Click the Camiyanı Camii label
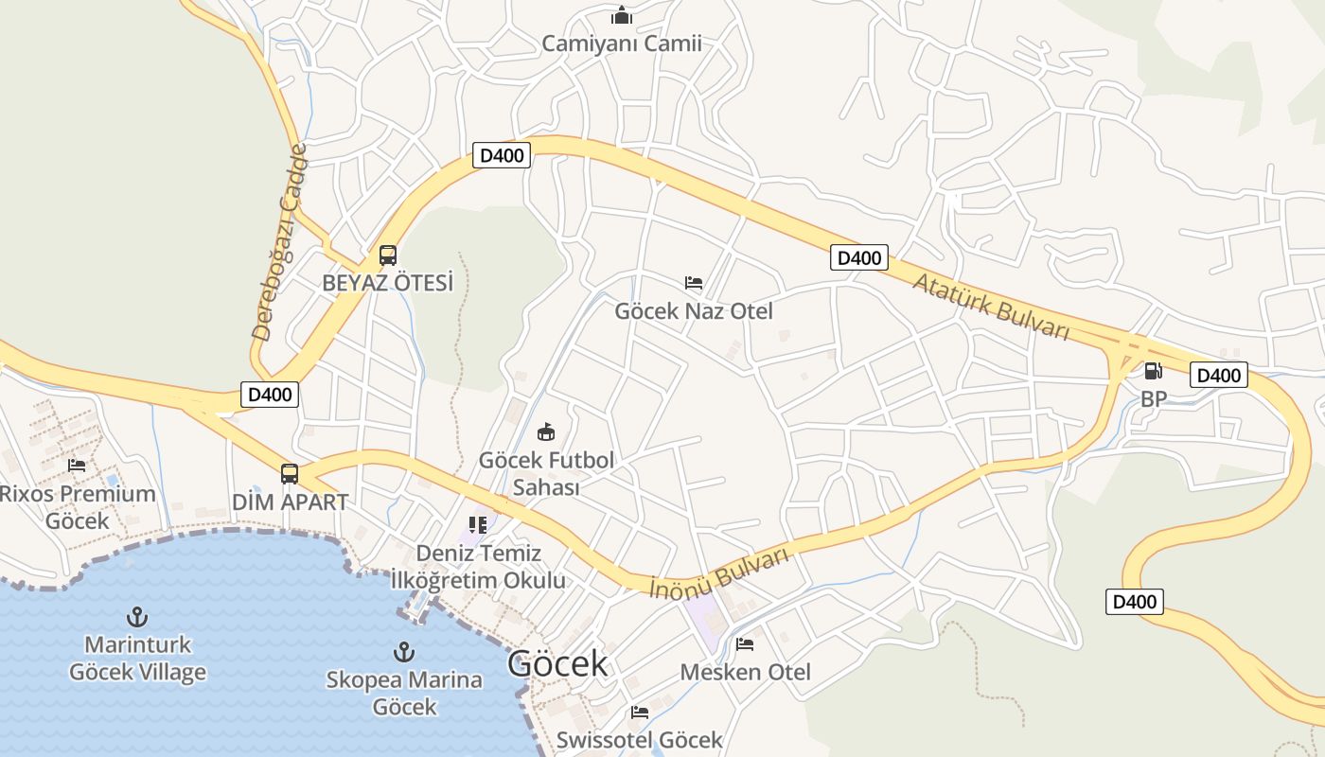coord(622,43)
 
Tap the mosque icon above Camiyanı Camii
coord(622,15)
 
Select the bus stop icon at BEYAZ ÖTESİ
coord(388,255)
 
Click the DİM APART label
coord(291,502)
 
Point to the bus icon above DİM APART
coord(290,474)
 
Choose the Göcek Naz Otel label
coord(694,310)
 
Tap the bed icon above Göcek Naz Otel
coord(694,283)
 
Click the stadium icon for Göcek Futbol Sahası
coord(546,432)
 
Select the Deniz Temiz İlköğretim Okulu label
coord(491,566)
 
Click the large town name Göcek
coord(557,663)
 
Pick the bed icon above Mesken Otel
coord(745,644)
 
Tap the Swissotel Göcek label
coord(640,739)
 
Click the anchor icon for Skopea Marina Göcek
coord(404,652)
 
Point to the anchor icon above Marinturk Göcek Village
coord(138,618)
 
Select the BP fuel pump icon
coord(1153,371)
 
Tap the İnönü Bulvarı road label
coord(720,572)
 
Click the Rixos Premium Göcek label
coord(78,506)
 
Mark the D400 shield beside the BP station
coord(1218,375)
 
